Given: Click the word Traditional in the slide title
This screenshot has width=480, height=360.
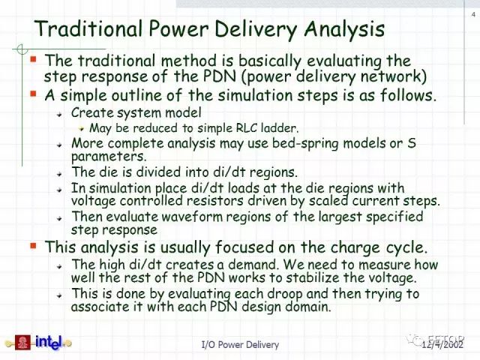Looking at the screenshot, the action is pos(88,28).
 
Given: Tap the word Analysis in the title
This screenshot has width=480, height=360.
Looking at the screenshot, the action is pos(344,30).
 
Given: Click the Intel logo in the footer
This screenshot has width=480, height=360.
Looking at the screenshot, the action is pos(49,342).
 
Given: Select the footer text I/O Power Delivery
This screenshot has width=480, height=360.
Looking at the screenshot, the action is pos(240,345).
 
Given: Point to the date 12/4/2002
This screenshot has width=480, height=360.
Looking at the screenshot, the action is pos(442,345).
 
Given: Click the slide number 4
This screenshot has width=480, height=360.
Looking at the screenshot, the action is pos(473,14).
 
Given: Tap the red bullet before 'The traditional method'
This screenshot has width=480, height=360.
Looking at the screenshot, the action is pos(33,58).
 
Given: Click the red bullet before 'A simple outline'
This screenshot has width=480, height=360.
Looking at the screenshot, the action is pos(33,93).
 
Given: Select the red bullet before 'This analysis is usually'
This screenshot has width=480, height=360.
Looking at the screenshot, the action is pos(33,245).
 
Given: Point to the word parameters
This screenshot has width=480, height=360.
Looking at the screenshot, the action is pos(109,157).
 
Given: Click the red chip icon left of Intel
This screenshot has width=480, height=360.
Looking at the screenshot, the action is pos(22,343).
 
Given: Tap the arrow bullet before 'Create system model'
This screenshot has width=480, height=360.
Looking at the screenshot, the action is pos(59,114).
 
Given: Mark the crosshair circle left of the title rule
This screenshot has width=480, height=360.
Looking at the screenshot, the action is pos(22,49).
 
